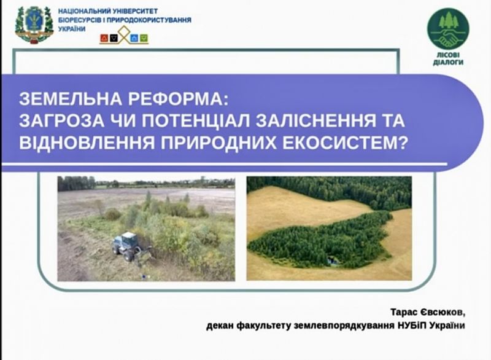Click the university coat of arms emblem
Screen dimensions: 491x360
click(34, 25)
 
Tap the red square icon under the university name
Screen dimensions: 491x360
click(104, 38)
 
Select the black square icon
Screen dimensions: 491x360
click(114, 38)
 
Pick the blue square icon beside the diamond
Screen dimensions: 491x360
click(134, 38)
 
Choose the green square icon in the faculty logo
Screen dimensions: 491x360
click(144, 38)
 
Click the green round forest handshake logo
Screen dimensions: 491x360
click(448, 29)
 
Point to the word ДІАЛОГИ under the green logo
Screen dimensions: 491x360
click(448, 62)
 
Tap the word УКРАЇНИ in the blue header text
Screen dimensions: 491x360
click(72, 29)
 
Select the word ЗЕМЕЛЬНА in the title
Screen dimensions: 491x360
click(71, 99)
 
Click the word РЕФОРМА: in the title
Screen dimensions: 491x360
click(177, 99)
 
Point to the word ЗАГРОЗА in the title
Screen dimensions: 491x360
click(62, 121)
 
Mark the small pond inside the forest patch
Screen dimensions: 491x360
click(333, 260)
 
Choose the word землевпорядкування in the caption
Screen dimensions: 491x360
click(344, 326)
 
